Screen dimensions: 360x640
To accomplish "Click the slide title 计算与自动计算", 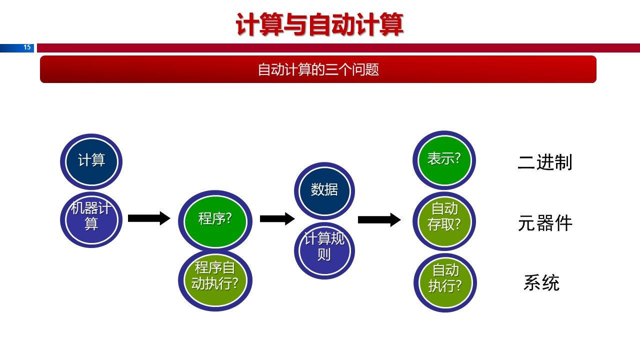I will click(319, 25).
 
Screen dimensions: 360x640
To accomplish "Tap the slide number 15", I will click(27, 47).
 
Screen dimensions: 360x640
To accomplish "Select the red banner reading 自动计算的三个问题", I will click(318, 69).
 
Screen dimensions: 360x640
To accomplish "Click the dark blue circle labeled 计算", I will click(91, 161).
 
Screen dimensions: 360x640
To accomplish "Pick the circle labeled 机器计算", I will click(91, 219).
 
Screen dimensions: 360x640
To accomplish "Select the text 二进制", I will click(545, 162).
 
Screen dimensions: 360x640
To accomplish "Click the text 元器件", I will click(545, 223).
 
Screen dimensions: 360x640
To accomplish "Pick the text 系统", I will click(541, 283).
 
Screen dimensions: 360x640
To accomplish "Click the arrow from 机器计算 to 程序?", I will click(149, 218).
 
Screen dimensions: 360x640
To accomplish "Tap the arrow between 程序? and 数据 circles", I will click(277, 218).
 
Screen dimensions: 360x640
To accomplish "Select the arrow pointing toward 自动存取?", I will click(379, 219).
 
